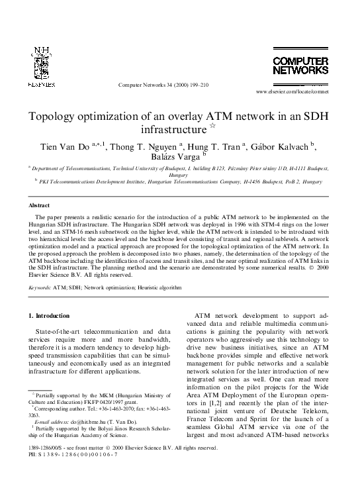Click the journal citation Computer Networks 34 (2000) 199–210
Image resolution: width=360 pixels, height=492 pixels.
(x=163, y=85)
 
